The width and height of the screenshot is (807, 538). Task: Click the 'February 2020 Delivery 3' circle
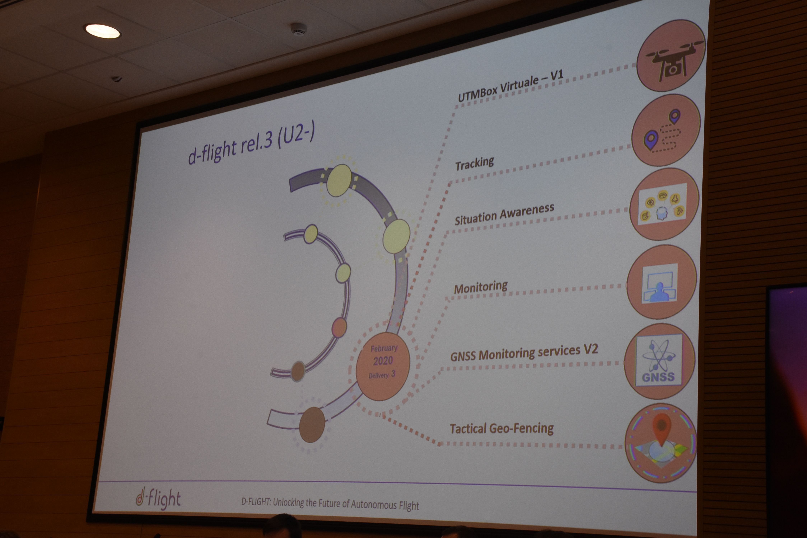point(383,366)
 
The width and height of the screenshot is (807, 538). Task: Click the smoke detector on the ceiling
point(298,29)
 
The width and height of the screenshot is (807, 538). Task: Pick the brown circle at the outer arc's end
point(312,424)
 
